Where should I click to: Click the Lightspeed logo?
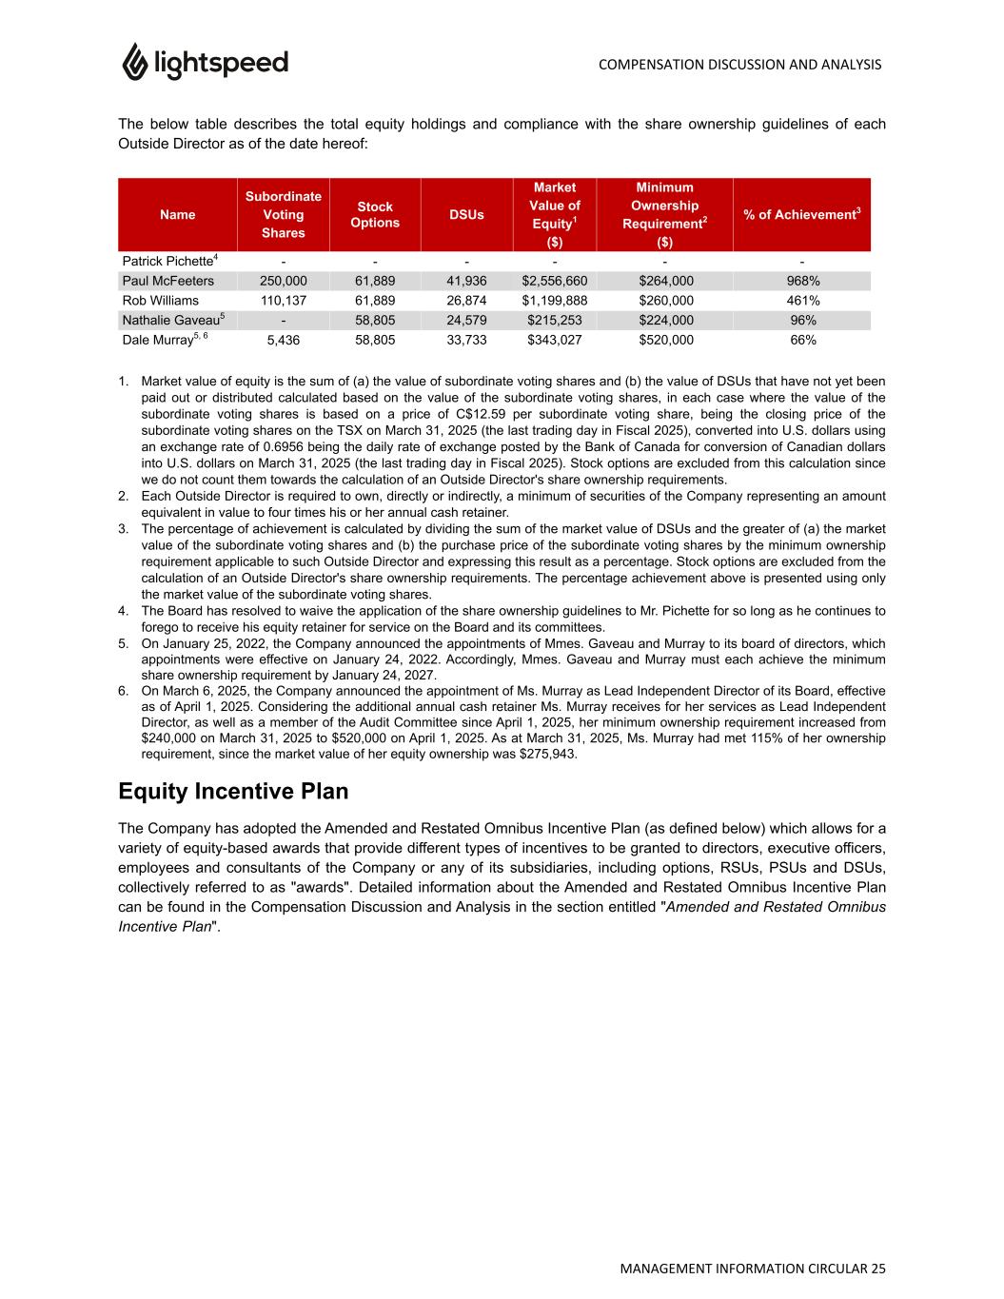(205, 63)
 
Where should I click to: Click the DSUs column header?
(466, 215)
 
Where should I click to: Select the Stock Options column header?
(375, 215)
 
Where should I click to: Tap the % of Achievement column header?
(801, 215)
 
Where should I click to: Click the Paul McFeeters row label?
(168, 281)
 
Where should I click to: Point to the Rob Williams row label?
(161, 301)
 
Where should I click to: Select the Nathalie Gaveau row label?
(171, 320)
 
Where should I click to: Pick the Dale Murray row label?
(162, 340)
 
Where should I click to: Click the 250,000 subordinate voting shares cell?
(283, 281)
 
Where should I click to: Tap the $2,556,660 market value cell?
(555, 281)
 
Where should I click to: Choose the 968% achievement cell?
(802, 281)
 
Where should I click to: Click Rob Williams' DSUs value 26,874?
(466, 301)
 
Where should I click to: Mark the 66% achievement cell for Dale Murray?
(802, 340)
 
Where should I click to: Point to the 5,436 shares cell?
(283, 340)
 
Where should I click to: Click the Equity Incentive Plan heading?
(233, 792)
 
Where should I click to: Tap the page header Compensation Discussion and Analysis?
(739, 65)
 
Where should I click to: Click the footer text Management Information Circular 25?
(752, 1269)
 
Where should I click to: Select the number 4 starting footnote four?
(123, 611)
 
